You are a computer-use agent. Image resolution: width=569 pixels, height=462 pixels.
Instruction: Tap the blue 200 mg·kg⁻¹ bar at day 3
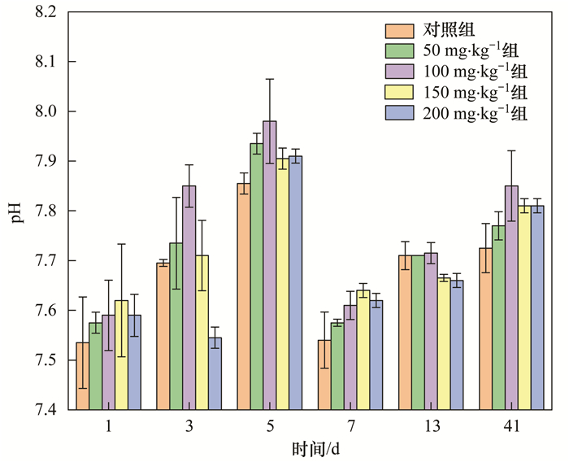click(215, 373)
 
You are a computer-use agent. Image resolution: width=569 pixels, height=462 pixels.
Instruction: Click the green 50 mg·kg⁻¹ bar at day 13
click(418, 333)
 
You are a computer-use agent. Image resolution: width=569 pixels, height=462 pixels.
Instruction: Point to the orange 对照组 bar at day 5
click(244, 296)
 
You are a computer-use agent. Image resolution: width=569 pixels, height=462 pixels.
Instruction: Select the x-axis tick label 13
click(431, 426)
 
